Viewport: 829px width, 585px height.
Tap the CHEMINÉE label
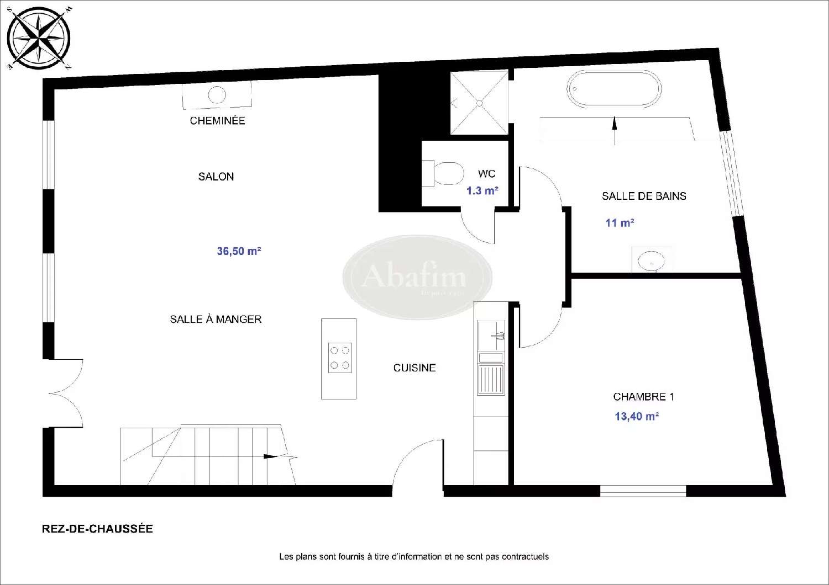(x=217, y=120)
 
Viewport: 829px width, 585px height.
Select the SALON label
(x=216, y=177)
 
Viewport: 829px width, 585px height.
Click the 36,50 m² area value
(x=239, y=251)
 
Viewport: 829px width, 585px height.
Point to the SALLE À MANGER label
(x=216, y=319)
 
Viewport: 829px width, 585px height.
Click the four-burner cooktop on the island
(x=339, y=358)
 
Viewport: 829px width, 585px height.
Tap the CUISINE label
(x=414, y=368)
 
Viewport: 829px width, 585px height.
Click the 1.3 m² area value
(x=482, y=191)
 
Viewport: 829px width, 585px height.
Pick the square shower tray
(x=479, y=103)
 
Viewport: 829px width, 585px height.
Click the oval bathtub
(x=613, y=89)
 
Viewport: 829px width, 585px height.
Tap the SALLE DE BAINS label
(x=644, y=196)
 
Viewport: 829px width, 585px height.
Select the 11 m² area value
(x=620, y=223)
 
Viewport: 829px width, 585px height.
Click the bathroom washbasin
(x=652, y=260)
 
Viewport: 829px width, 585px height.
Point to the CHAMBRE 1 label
(x=643, y=396)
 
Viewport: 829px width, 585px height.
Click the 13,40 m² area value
(x=637, y=416)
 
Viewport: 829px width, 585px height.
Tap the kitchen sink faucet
(x=497, y=335)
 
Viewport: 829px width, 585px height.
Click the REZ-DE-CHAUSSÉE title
(x=97, y=529)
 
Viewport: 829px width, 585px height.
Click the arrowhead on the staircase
(x=270, y=456)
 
